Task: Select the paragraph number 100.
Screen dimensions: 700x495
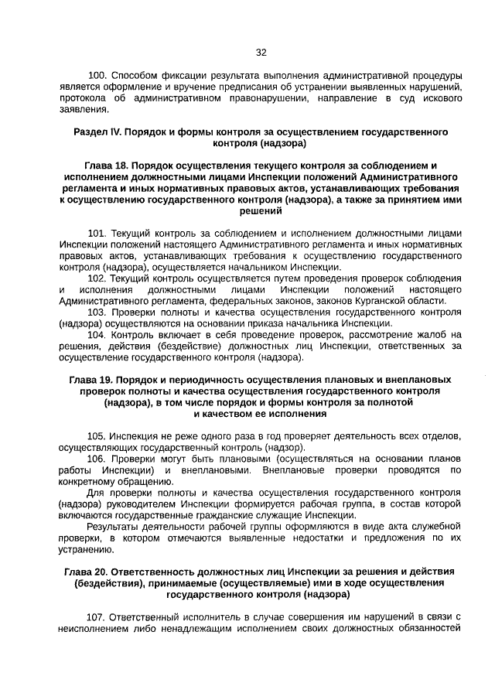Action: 98,75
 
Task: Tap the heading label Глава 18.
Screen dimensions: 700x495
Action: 109,166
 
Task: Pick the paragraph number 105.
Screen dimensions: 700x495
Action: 97,436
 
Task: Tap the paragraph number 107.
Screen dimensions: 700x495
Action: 97,616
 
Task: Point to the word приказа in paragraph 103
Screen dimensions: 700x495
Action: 304,323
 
